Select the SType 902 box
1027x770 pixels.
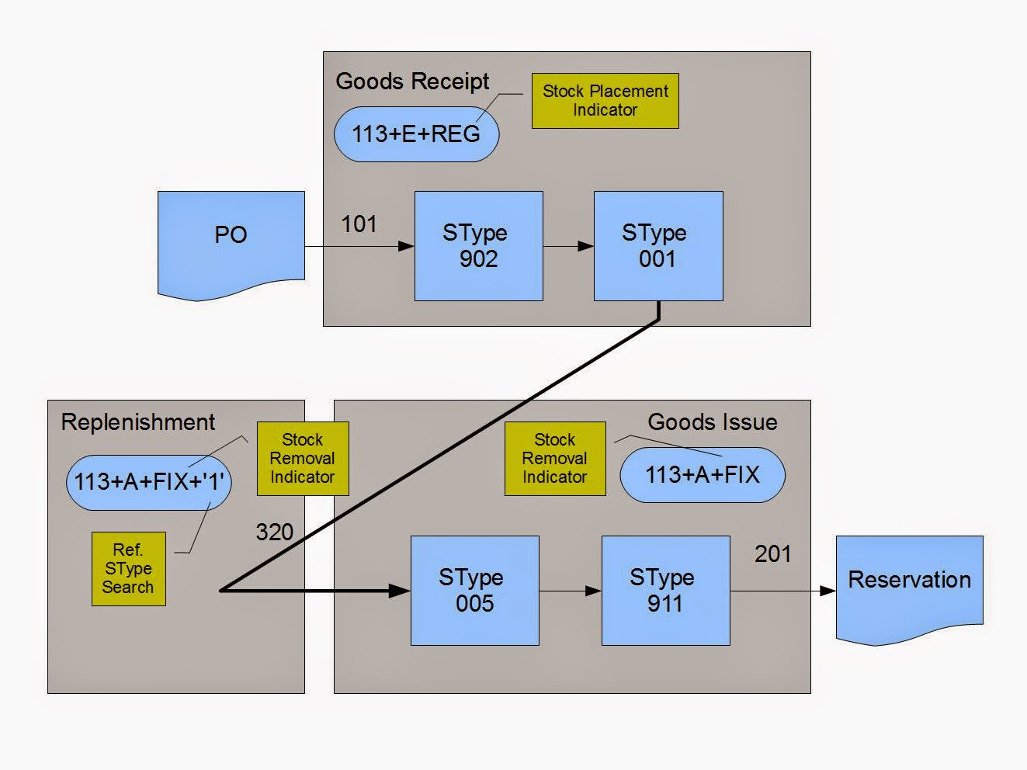[478, 246]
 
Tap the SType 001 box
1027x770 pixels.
[657, 246]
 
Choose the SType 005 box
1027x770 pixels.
[474, 590]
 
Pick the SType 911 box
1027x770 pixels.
[665, 590]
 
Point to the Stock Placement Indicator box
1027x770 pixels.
[605, 101]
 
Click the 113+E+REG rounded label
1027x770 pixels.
[416, 134]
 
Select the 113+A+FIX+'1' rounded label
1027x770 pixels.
[148, 482]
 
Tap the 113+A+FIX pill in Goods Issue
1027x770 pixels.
[702, 474]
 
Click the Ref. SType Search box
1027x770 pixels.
[128, 568]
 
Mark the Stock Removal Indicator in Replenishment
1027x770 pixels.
[302, 459]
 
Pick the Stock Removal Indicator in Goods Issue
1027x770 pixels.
[554, 459]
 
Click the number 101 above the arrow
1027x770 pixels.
[359, 224]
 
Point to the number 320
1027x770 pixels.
[274, 532]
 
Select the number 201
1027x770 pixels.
[772, 553]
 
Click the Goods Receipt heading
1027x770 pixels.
[412, 82]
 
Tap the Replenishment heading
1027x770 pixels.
[137, 422]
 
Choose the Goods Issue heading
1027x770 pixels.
[712, 422]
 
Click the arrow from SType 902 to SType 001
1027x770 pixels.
[568, 247]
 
